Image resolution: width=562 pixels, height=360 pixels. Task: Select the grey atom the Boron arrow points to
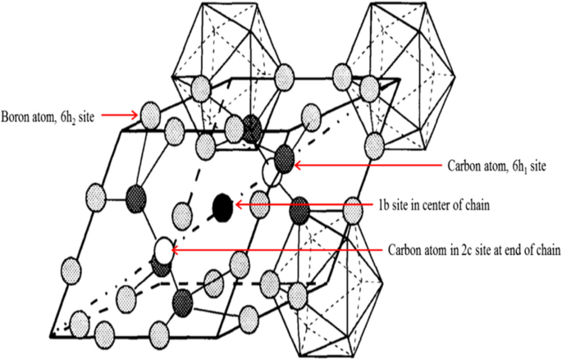coord(148,112)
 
